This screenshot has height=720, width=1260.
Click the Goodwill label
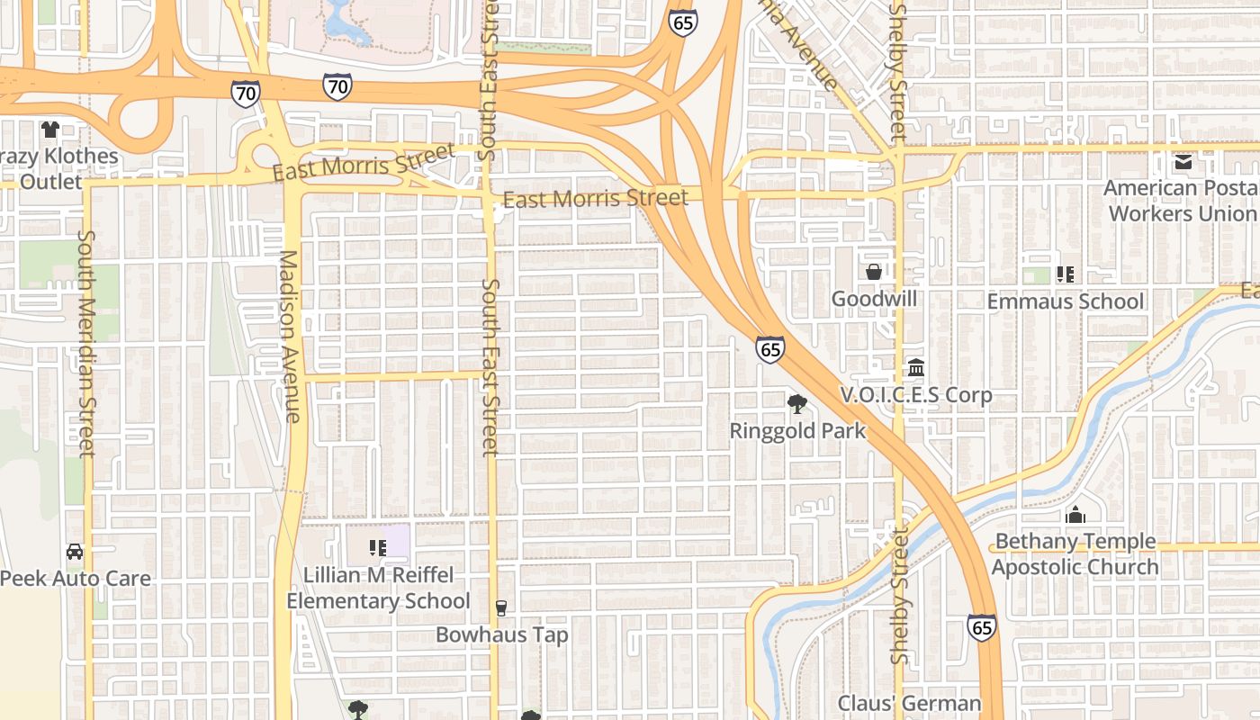tap(874, 299)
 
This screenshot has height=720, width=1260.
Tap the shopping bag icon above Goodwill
tap(873, 272)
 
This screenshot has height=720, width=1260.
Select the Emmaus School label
tap(1066, 301)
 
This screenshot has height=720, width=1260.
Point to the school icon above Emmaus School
tap(1066, 274)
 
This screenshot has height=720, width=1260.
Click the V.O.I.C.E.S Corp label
tap(916, 395)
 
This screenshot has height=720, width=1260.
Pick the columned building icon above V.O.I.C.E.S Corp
tap(916, 368)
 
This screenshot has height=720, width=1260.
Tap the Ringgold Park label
tap(797, 431)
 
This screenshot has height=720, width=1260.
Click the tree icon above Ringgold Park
tap(796, 404)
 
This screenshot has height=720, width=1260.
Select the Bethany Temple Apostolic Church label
tap(1075, 554)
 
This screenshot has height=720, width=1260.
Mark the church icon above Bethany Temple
tap(1075, 515)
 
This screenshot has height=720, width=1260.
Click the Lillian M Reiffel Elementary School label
tap(378, 588)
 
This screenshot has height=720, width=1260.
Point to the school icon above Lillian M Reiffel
tap(378, 547)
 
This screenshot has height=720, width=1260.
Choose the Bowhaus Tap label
tap(502, 635)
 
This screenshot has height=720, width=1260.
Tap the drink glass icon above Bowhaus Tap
tap(501, 608)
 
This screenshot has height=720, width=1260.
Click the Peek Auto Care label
tap(76, 578)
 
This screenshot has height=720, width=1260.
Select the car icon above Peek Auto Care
tap(75, 551)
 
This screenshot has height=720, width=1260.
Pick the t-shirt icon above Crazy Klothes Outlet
tap(50, 130)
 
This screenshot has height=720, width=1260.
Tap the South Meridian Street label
tap(86, 343)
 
